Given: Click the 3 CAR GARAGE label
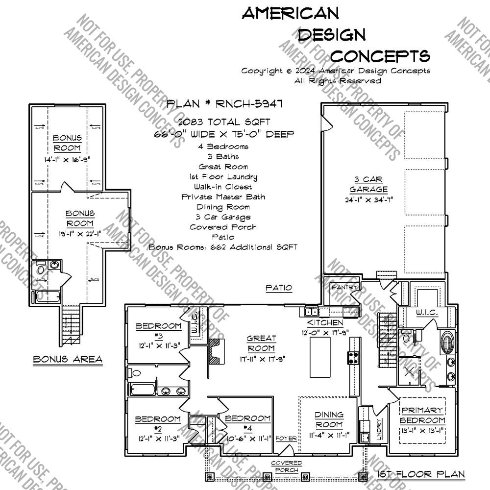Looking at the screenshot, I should point(368,184).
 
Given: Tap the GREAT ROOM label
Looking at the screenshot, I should point(261,343).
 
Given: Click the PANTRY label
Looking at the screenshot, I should point(345,287).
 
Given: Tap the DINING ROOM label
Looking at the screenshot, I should point(329,419).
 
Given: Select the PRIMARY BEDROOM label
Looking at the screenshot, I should point(422,415).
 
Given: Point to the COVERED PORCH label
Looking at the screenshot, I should point(287,466).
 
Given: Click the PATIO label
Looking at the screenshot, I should point(279,288).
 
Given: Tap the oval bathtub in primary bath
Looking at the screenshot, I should point(446,341).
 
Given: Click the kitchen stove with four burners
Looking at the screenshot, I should point(353,358).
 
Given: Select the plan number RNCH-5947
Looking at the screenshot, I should point(224,104).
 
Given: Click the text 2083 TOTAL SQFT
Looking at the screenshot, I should point(224,122).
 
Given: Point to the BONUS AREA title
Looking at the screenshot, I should point(68,360).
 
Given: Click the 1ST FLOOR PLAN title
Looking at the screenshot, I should point(421,474).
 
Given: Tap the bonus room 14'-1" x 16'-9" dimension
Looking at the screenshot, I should point(67,159).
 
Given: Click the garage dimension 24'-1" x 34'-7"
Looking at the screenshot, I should point(368,199).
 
